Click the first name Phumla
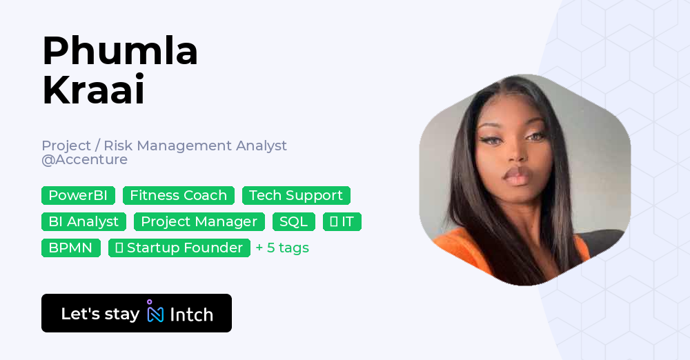[x=120, y=51]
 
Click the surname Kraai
[x=93, y=90]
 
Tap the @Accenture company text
[x=84, y=160]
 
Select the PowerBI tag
[x=78, y=196]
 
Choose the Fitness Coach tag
[x=178, y=196]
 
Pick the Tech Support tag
[x=296, y=196]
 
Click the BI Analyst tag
[x=83, y=222]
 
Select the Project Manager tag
[x=199, y=222]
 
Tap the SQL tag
[x=293, y=222]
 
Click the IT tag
[x=342, y=222]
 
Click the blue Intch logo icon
[x=155, y=313]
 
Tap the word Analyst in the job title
[x=262, y=146]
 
